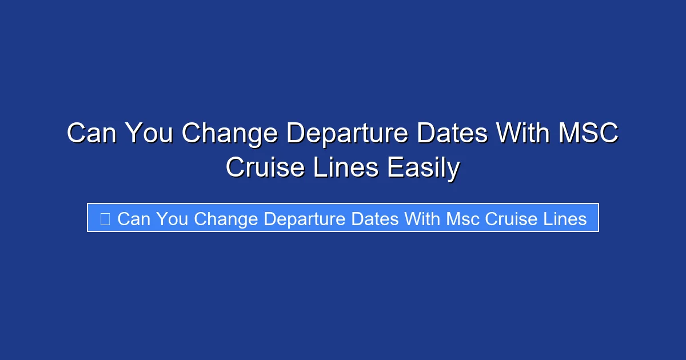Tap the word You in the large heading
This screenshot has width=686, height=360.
tap(148, 134)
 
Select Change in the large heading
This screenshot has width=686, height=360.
tap(229, 134)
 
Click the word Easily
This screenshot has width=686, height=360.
tap(422, 168)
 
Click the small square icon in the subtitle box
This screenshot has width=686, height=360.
tap(105, 218)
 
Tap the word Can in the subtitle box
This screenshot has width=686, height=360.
tap(134, 218)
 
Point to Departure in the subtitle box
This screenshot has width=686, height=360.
tap(305, 218)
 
